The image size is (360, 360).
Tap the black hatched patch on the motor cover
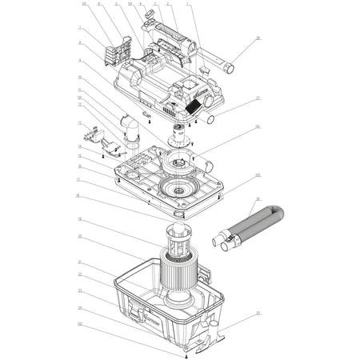point(194,105)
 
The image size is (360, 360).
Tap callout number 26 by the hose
point(258,198)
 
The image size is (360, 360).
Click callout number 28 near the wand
point(258,38)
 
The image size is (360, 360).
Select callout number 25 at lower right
point(258,312)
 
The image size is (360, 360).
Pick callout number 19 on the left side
point(80,218)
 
